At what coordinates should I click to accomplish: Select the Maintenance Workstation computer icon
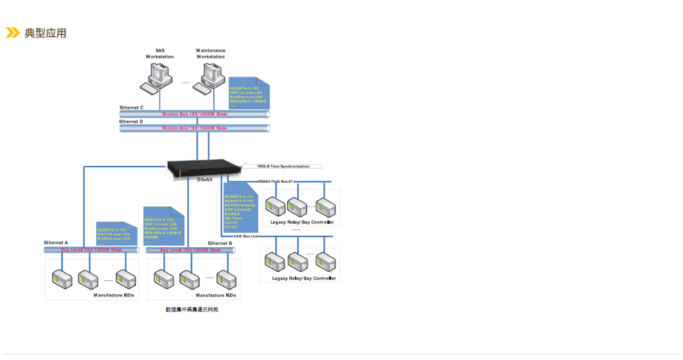(x=210, y=76)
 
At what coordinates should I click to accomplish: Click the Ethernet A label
(x=56, y=243)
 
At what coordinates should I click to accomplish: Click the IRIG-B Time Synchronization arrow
(x=282, y=167)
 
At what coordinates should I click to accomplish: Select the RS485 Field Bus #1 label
(x=279, y=182)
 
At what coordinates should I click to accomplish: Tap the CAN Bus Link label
(x=248, y=236)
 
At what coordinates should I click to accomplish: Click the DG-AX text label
(x=205, y=180)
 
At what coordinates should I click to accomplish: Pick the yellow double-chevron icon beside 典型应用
(x=12, y=32)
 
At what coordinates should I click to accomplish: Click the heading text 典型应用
(x=45, y=33)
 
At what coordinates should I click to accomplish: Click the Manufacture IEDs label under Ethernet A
(x=114, y=295)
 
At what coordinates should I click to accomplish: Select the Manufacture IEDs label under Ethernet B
(x=215, y=295)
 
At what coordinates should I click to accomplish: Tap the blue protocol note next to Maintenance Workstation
(x=248, y=92)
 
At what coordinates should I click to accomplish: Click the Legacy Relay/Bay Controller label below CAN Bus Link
(x=304, y=278)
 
